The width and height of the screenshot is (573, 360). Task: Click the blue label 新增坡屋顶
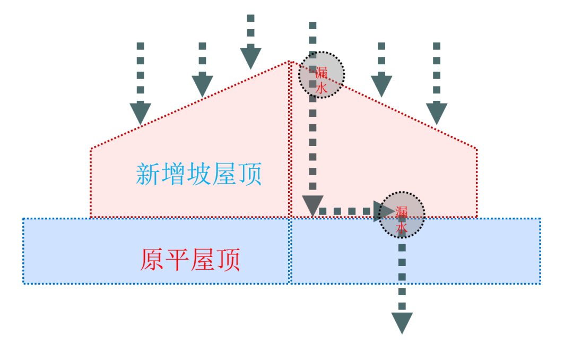199,174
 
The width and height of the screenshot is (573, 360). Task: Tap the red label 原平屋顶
190,260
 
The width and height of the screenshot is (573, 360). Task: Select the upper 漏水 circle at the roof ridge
322,74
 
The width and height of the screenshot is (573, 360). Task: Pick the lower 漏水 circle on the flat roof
402,214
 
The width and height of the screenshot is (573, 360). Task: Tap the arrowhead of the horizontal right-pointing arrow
383,211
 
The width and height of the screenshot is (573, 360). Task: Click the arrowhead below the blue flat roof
402,322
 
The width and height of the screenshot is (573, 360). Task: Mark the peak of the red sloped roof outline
289,62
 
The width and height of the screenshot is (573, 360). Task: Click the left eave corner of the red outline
91,149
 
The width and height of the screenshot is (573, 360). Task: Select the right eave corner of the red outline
476,149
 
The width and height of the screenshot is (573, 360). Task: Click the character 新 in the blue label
148,174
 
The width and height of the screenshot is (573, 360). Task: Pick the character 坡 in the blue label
199,174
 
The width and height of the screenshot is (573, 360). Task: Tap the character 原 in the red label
152,260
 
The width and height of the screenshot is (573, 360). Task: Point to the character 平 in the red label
178,260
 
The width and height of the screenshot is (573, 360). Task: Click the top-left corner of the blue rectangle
23,218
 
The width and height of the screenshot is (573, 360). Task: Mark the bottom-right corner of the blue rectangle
540,283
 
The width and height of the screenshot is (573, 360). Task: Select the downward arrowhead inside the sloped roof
312,205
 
